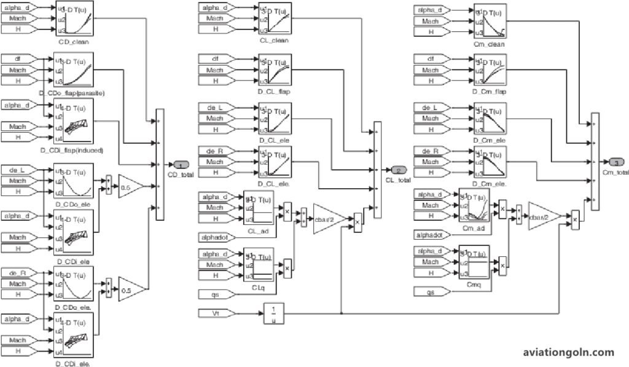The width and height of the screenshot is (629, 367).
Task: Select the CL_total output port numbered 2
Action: pos(397,170)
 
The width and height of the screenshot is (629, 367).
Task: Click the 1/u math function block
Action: pos(273,314)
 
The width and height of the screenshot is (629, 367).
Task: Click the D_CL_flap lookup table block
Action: pos(275,70)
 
